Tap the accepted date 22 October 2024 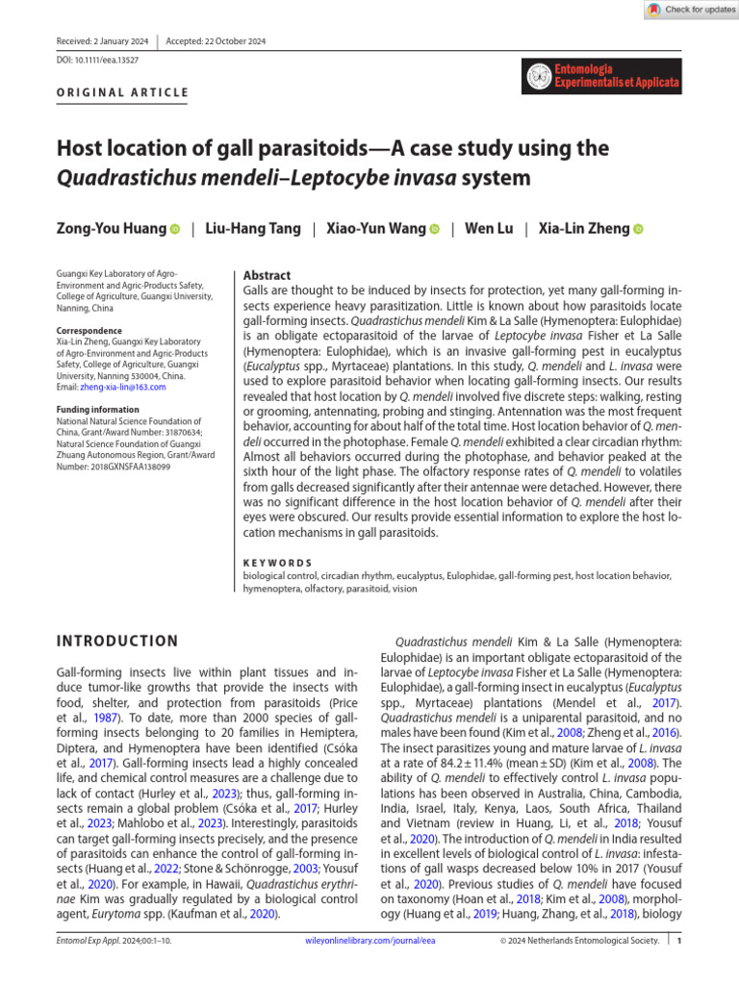216,41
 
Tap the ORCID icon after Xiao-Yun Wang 435,230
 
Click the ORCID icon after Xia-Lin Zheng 637,230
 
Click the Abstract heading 268,275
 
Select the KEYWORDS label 278,563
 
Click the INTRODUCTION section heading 117,642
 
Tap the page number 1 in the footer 678,969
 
